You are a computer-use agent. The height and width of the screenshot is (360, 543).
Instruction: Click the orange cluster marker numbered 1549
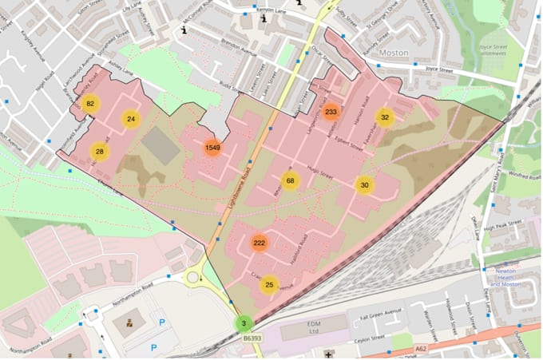[x=212, y=148]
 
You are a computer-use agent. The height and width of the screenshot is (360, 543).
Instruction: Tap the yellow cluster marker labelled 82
[x=90, y=104]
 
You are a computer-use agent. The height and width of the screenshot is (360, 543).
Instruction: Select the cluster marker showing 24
[x=131, y=120]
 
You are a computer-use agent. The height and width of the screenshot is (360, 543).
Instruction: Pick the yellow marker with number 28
[x=99, y=151]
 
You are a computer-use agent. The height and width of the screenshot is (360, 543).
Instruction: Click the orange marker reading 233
[x=332, y=113]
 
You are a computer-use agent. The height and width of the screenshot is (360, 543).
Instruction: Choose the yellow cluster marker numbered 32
[x=385, y=117]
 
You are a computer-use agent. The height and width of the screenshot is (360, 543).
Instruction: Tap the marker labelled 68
[x=291, y=181]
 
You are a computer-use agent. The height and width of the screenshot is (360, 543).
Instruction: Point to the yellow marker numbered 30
[x=365, y=185]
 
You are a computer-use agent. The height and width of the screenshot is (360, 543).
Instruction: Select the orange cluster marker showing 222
[x=260, y=243]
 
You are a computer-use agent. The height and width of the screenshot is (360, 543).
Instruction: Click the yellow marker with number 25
[x=270, y=284]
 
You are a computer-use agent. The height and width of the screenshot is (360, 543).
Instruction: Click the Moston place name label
[x=394, y=52]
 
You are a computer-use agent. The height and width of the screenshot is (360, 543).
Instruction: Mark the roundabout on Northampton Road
[x=192, y=278]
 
